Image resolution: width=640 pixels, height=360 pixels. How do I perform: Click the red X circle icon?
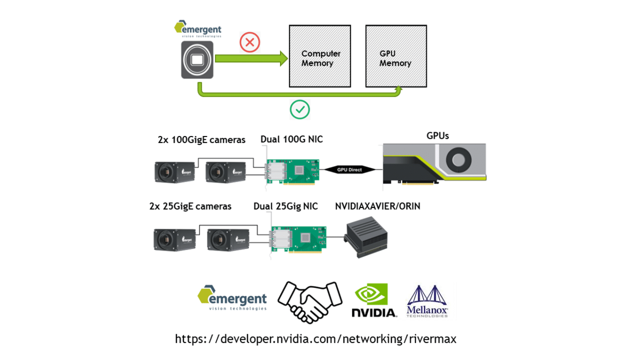pos(250,43)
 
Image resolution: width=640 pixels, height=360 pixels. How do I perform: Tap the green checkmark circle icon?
pos(300,109)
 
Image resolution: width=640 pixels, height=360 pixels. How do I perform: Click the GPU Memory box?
pos(395,56)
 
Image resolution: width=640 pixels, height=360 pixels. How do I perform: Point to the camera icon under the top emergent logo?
pos(197,59)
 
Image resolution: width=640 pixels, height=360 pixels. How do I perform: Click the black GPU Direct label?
pos(349,170)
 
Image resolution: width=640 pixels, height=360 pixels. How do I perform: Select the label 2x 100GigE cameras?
pos(202,140)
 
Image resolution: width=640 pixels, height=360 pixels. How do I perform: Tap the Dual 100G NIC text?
pos(292,140)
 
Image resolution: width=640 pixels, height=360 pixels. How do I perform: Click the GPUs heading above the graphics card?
pos(437,135)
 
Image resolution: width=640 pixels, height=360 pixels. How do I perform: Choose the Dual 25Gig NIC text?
pos(285,206)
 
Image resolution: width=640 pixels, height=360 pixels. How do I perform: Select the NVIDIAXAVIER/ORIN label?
pos(378,206)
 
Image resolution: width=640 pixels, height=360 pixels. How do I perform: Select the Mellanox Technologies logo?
pos(427,301)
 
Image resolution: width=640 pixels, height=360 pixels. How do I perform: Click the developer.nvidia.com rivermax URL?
pos(316,339)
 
